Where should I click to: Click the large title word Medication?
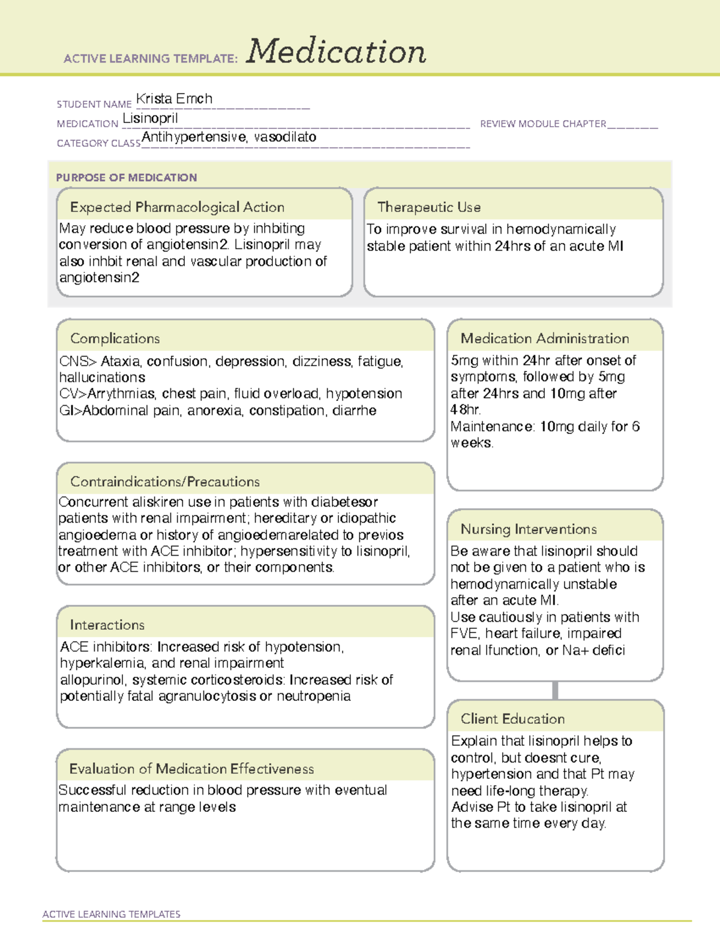pos(336,52)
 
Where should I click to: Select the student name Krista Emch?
pos(174,99)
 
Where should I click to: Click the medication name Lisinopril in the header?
pos(150,118)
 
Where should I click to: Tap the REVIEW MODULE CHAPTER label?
pos(543,124)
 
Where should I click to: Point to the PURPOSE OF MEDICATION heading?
pos(127,178)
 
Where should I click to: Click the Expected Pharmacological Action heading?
pos(177,207)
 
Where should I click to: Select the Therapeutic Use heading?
pos(429,207)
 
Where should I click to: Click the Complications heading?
pos(115,338)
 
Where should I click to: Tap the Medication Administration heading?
pos(545,338)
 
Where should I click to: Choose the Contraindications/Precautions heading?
pos(165,482)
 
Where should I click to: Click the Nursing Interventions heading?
pos(529,529)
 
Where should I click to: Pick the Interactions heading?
pos(107,625)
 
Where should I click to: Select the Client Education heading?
pos(513,719)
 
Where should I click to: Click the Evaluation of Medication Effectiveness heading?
pos(191,769)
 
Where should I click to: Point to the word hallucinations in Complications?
pos(102,377)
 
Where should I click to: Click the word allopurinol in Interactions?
pos(92,680)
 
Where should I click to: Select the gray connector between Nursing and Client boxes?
pos(555,691)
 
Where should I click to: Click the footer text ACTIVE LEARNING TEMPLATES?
pos(112,914)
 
